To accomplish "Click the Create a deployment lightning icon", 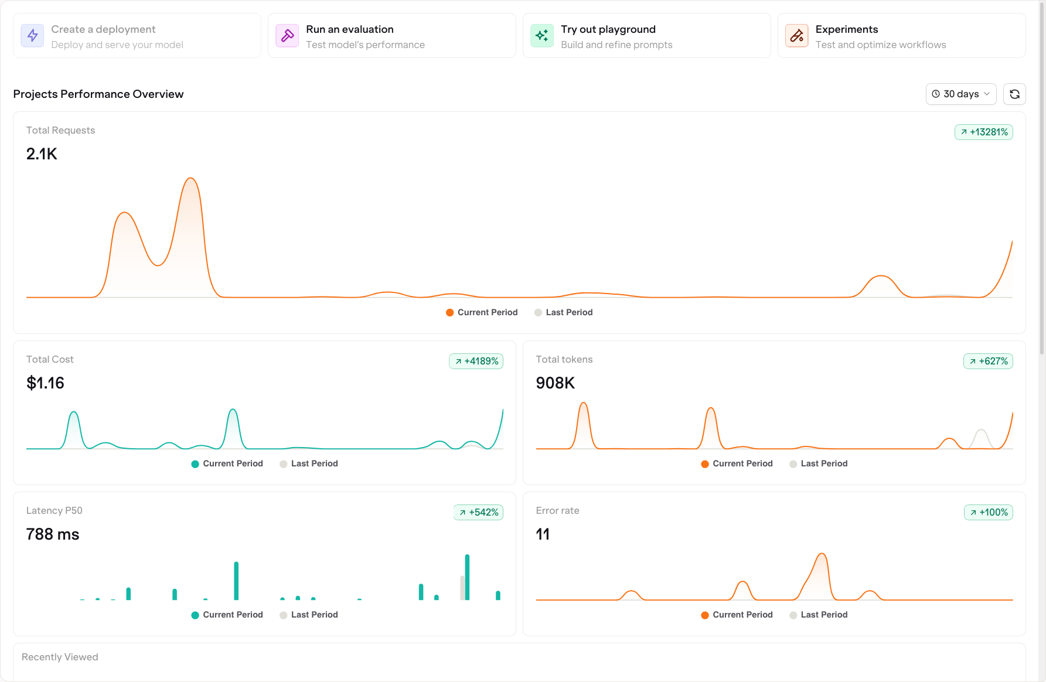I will [x=32, y=36].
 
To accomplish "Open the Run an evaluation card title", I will [x=349, y=29].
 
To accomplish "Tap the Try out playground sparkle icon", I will [x=541, y=36].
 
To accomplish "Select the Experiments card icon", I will [x=796, y=36].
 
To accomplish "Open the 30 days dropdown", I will [x=960, y=94].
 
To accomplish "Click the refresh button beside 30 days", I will [x=1014, y=94].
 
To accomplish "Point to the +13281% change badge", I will [x=983, y=132].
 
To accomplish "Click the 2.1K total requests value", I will [x=42, y=154].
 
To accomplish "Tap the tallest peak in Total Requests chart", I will [x=190, y=179].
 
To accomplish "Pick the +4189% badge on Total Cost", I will [x=476, y=361].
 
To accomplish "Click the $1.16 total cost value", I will [x=45, y=383].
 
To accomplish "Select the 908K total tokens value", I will [x=555, y=383].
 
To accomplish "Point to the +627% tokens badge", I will [x=988, y=361].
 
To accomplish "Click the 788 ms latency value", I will [x=53, y=534].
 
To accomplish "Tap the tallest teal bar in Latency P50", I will [x=467, y=577].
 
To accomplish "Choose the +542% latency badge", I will [x=478, y=512].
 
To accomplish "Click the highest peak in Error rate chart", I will [x=822, y=555].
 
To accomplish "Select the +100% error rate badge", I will [x=988, y=512].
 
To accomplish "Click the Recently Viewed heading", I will [x=60, y=657].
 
